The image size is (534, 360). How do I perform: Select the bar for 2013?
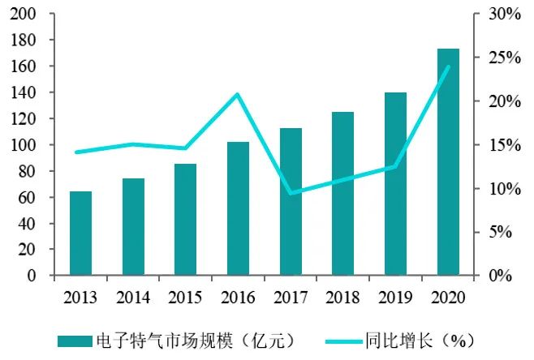click(80, 234)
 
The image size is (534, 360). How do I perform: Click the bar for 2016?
click(238, 208)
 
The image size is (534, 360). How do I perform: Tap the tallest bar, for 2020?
click(448, 162)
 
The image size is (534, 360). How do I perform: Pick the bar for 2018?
click(343, 194)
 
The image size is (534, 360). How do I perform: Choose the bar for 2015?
click(185, 220)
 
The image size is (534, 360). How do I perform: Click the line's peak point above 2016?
click(238, 94)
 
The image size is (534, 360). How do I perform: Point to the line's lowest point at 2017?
click(291, 193)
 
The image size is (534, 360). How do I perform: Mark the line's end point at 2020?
click(448, 66)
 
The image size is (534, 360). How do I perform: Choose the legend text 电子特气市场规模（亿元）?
click(195, 340)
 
